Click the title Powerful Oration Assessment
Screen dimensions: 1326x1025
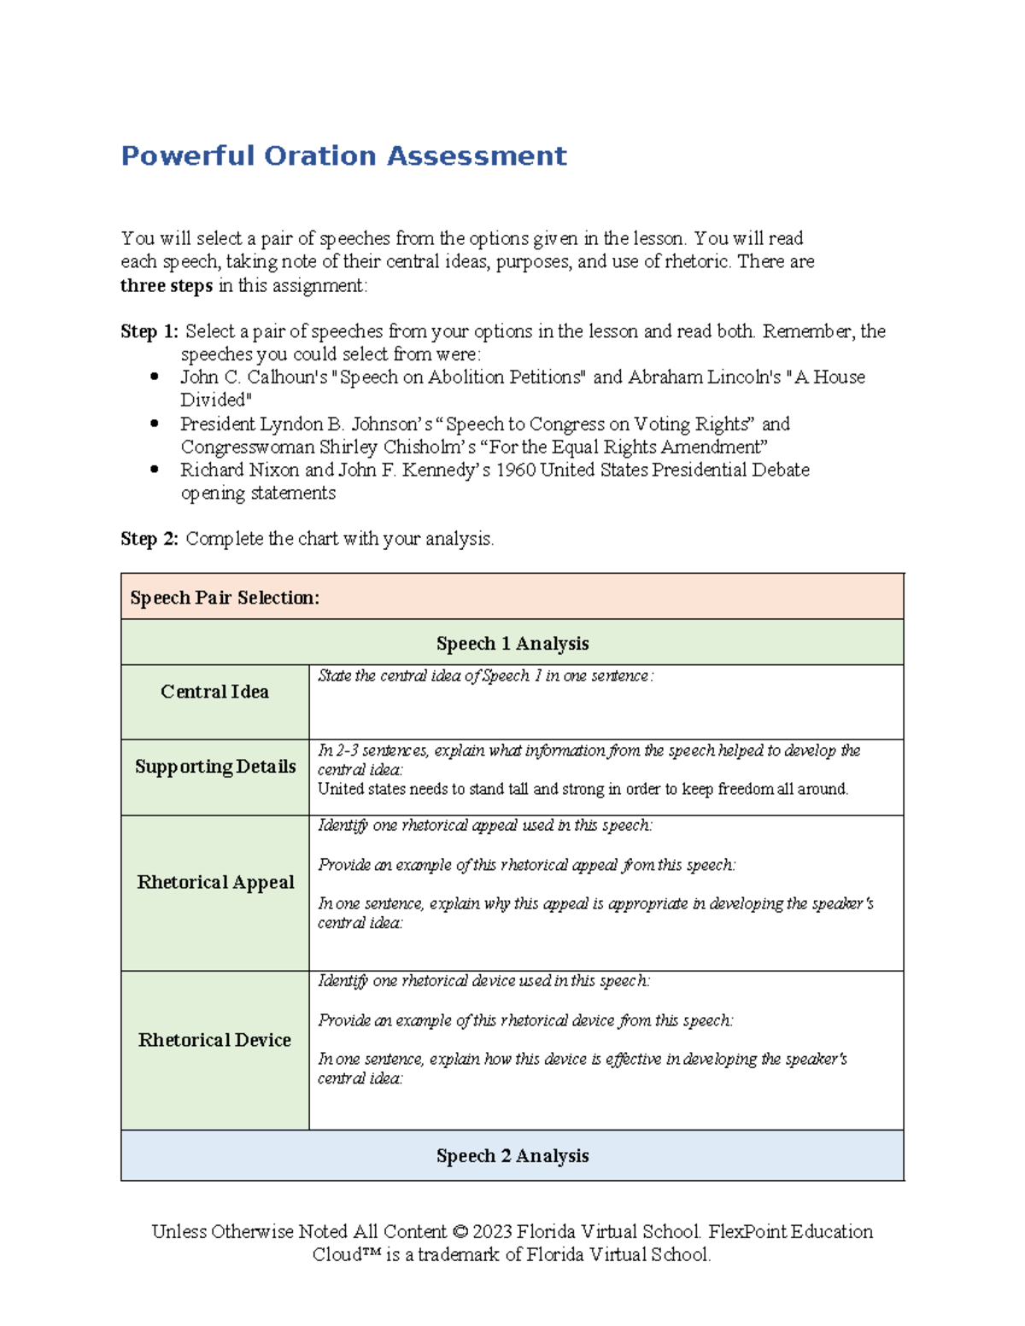343,155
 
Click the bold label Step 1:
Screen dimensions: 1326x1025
149,331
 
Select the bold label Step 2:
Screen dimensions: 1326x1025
149,539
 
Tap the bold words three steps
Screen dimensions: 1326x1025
166,286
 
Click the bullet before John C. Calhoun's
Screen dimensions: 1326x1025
155,377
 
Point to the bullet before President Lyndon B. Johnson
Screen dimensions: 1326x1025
155,424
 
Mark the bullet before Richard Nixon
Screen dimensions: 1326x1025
155,470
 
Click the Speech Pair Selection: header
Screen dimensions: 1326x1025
225,598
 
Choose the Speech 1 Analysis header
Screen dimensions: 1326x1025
512,644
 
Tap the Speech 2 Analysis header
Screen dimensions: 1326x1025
512,1156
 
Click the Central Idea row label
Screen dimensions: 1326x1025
214,692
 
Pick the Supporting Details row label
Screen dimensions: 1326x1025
215,767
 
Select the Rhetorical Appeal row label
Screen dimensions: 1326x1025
215,882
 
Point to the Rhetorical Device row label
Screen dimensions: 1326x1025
214,1040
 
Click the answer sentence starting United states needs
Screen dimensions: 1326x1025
583,789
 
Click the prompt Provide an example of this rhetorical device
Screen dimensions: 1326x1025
524,1020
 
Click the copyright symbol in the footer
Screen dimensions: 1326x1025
460,1232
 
